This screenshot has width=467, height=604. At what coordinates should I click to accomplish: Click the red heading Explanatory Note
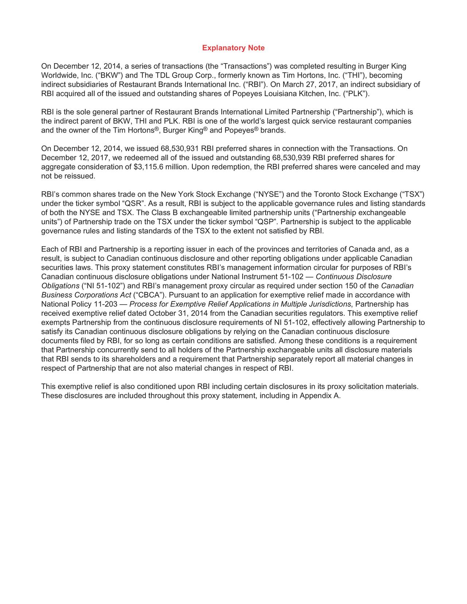(233, 48)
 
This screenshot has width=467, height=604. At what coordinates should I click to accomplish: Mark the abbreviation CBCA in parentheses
(148, 295)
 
